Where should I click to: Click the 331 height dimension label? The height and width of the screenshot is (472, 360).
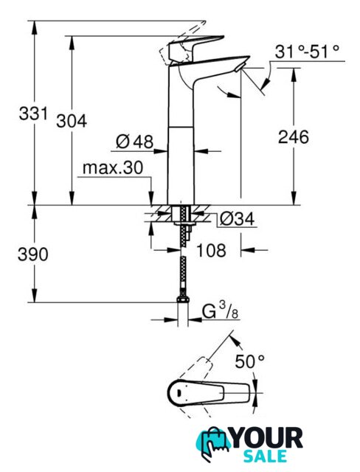tap(33, 114)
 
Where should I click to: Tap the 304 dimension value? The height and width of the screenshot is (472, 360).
tap(72, 121)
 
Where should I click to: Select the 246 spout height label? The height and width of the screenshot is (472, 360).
tap(293, 136)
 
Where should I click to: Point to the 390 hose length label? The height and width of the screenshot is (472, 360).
tap(32, 254)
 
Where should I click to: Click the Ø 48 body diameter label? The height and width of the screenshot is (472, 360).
tap(134, 141)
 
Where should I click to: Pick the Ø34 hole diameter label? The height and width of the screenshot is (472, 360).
tap(237, 219)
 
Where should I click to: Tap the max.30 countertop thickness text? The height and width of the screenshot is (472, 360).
tap(113, 167)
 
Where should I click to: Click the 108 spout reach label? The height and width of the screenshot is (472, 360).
tap(211, 250)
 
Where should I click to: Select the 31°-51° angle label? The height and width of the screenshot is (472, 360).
tap(307, 52)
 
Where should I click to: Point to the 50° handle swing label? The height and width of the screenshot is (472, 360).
tap(249, 361)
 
